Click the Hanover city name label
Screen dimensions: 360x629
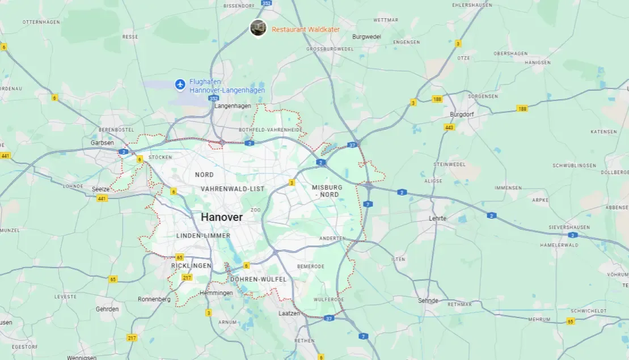point(221,217)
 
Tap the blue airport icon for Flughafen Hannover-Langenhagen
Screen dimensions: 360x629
point(180,85)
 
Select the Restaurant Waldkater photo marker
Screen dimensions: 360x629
point(258,28)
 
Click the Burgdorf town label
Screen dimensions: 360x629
point(461,114)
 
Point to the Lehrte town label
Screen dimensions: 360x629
point(437,218)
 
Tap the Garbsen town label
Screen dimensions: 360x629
point(102,143)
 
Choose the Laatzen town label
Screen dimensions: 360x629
point(289,313)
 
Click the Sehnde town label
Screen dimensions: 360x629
point(428,300)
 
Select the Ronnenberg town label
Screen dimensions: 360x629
point(154,299)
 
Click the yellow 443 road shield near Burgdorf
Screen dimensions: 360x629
point(449,127)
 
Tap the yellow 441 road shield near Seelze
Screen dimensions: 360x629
point(102,198)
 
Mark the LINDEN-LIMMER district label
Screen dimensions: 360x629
point(203,235)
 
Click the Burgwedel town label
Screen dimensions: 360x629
point(366,37)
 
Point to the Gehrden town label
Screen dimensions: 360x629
point(107,309)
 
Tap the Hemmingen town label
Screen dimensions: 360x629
point(216,293)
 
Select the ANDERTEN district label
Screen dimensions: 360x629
point(332,239)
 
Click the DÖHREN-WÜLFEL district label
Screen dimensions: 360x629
point(258,279)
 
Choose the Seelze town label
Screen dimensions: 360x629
point(100,189)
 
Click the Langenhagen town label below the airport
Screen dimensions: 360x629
point(233,106)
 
